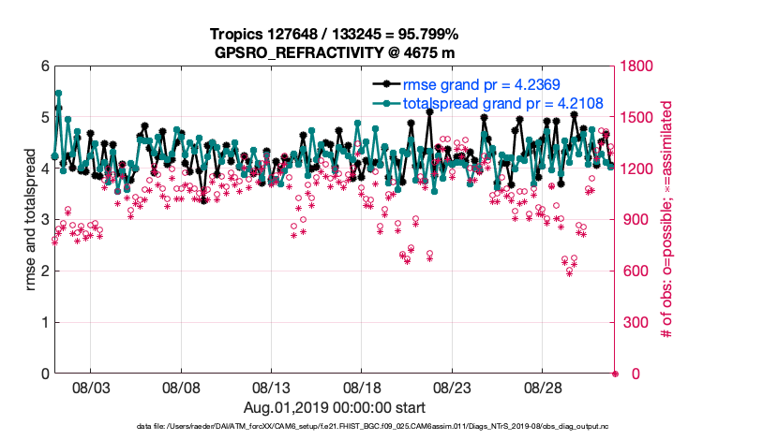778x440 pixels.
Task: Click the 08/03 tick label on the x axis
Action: click(x=91, y=387)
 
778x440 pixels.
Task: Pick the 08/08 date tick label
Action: click(x=182, y=387)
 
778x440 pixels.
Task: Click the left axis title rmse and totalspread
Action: click(x=32, y=220)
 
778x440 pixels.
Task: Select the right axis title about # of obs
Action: click(x=667, y=220)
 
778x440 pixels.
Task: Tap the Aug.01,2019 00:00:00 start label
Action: click(x=335, y=407)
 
